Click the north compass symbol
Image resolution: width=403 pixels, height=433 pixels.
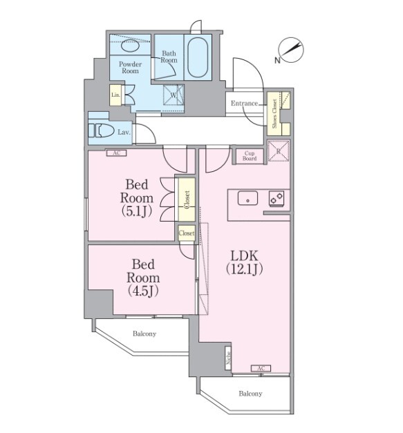pyautogui.click(x=290, y=50)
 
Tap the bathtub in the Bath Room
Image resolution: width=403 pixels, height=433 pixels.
pyautogui.click(x=198, y=57)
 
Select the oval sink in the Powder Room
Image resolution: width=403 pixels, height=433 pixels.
pyautogui.click(x=130, y=45)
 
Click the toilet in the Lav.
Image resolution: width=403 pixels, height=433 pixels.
pyautogui.click(x=101, y=131)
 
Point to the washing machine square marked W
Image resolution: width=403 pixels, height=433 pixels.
pyautogui.click(x=174, y=95)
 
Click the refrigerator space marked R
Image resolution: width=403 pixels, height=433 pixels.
pyautogui.click(x=279, y=151)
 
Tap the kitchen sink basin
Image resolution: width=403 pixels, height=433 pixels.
pyautogui.click(x=247, y=198)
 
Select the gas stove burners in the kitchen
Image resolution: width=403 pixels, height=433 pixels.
pyautogui.click(x=277, y=199)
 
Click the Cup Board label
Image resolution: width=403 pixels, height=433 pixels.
pyautogui.click(x=250, y=156)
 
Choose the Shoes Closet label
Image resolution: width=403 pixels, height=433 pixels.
pyautogui.click(x=274, y=113)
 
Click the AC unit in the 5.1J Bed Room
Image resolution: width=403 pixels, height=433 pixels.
pyautogui.click(x=117, y=153)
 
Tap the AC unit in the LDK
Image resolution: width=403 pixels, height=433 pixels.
pyautogui.click(x=261, y=368)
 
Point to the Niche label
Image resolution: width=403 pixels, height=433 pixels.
pyautogui.click(x=228, y=358)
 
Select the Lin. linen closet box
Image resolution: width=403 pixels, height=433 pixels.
pyautogui.click(x=115, y=95)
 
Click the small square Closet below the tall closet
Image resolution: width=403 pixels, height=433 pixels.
pyautogui.click(x=187, y=233)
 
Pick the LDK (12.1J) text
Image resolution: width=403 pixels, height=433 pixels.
pyautogui.click(x=244, y=262)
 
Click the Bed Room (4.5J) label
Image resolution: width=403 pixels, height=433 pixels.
pyautogui.click(x=143, y=278)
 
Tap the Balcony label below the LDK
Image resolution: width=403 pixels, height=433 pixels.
pyautogui.click(x=250, y=394)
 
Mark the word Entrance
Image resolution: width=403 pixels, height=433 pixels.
pyautogui.click(x=244, y=104)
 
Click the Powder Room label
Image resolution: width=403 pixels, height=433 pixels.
pyautogui.click(x=130, y=68)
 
